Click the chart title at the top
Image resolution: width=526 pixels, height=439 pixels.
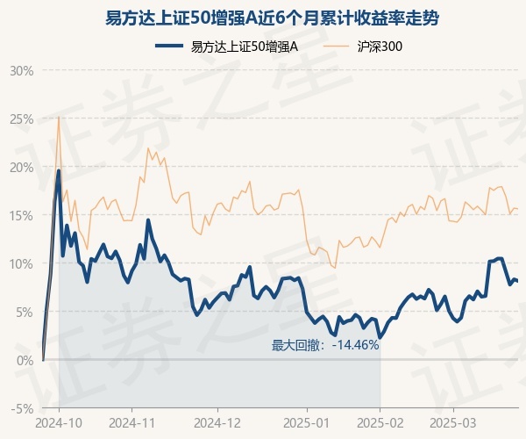tap(263, 18)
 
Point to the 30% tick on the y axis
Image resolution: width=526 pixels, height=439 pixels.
tap(22, 70)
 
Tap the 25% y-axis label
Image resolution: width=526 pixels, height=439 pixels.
tap(22, 119)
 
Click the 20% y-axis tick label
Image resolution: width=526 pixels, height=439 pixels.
tap(22, 167)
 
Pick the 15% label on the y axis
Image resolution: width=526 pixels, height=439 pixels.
tap(22, 215)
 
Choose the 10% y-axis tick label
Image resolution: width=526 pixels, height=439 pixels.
tap(22, 263)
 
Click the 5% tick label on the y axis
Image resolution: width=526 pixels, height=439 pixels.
tap(25, 312)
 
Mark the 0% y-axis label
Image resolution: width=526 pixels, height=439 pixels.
tap(25, 360)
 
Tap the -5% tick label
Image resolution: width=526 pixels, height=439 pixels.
tap(23, 408)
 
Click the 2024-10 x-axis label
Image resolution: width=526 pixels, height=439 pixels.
tap(59, 422)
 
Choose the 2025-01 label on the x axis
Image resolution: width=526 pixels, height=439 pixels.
tap(308, 422)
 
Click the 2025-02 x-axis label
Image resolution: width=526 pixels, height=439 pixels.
tap(380, 422)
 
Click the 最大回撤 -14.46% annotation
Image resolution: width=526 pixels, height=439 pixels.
tap(324, 345)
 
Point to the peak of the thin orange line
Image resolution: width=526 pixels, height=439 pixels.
tap(59, 117)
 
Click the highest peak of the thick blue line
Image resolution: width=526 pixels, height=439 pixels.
tap(59, 170)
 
